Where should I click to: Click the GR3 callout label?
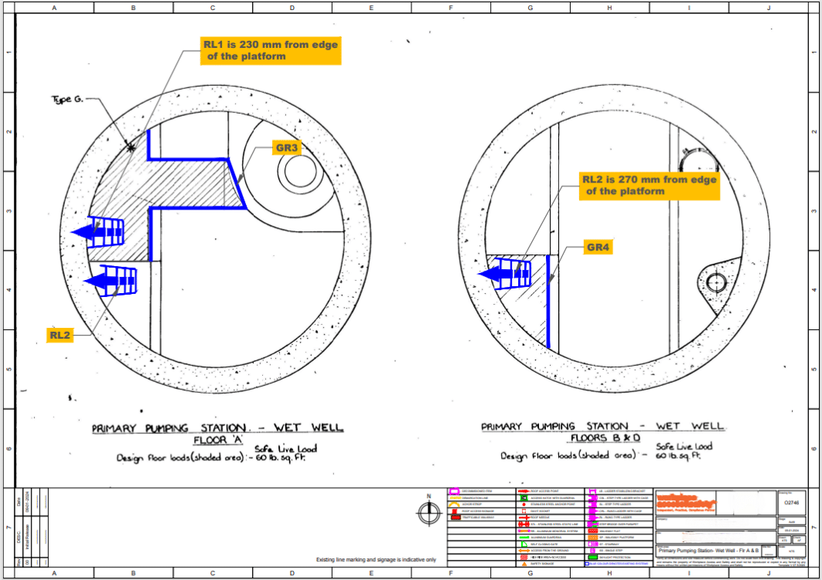287,148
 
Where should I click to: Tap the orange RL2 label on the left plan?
60,335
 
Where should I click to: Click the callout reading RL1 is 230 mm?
270,51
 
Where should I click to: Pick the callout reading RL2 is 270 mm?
649,186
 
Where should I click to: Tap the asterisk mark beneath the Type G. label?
131,146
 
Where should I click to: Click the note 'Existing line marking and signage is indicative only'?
376,560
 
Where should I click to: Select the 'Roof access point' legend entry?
548,491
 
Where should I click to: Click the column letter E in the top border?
371,9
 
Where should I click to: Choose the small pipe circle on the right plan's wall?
717,281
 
